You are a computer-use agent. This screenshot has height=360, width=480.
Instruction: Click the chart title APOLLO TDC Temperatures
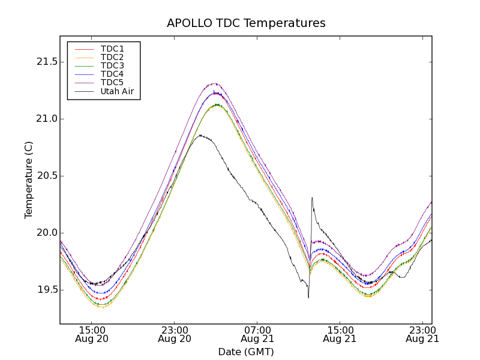[246, 23]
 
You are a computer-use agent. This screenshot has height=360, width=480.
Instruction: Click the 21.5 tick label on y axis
[46, 62]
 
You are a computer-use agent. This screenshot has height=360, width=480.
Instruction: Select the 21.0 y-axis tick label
[46, 119]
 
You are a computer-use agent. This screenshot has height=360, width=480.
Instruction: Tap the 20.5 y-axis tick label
[46, 176]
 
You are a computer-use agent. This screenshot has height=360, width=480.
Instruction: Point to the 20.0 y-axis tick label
[46, 233]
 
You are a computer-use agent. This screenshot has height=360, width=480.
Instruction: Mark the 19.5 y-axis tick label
[46, 290]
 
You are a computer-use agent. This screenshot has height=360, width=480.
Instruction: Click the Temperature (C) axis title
[29, 180]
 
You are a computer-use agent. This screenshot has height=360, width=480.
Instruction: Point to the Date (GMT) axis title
[246, 352]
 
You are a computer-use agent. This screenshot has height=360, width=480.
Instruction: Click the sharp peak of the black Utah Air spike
[312, 197]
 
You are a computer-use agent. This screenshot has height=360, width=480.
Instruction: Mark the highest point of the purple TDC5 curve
[214, 83]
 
